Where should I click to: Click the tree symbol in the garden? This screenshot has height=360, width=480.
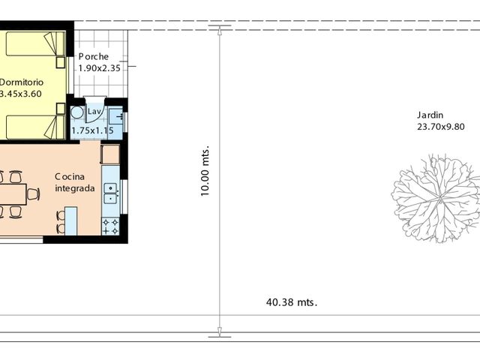tap(436, 199)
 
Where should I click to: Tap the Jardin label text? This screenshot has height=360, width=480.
tap(430, 115)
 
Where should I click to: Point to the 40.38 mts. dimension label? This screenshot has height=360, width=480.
tap(292, 303)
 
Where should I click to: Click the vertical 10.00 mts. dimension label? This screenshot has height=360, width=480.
tap(205, 171)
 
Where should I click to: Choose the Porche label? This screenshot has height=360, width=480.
tap(94, 57)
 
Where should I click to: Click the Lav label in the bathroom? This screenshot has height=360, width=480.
tap(94, 112)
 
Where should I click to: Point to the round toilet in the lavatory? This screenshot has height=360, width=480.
tap(77, 113)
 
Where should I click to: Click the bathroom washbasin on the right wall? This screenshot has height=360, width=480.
tap(116, 116)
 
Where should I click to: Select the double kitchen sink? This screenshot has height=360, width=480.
tap(110, 193)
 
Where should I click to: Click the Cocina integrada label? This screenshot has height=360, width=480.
tap(74, 183)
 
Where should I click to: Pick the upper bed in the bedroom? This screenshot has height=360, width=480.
tap(34, 44)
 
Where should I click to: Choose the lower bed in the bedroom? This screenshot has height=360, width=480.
tap(34, 127)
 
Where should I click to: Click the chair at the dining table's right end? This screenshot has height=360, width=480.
tap(32, 194)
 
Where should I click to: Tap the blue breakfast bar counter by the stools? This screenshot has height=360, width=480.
tap(71, 220)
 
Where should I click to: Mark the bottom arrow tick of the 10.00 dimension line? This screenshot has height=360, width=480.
tap(220, 331)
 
